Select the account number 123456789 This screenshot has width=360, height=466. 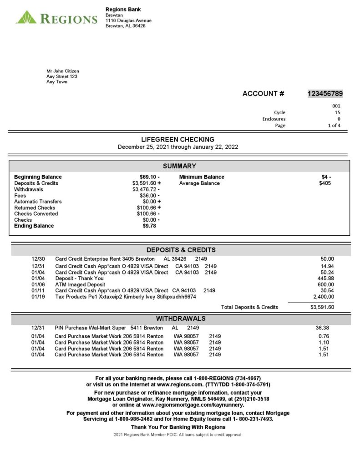coord(325,94)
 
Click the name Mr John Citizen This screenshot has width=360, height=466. coord(63,71)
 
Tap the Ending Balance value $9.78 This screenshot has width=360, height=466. coord(149,226)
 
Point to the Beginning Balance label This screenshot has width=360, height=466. coord(38,177)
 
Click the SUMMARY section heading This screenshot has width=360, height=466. coord(179,166)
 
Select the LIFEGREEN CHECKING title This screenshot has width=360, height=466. coord(177,140)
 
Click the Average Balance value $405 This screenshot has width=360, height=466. coord(325,183)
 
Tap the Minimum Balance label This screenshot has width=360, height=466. coord(202,177)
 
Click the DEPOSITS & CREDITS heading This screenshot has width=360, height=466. coord(181,250)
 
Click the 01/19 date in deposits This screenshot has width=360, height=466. coord(38,297)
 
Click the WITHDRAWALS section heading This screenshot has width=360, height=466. coord(181,319)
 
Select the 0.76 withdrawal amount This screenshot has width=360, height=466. coord(324,337)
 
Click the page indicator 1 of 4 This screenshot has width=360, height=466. coord(334,126)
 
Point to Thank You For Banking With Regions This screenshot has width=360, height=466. coord(178,427)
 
